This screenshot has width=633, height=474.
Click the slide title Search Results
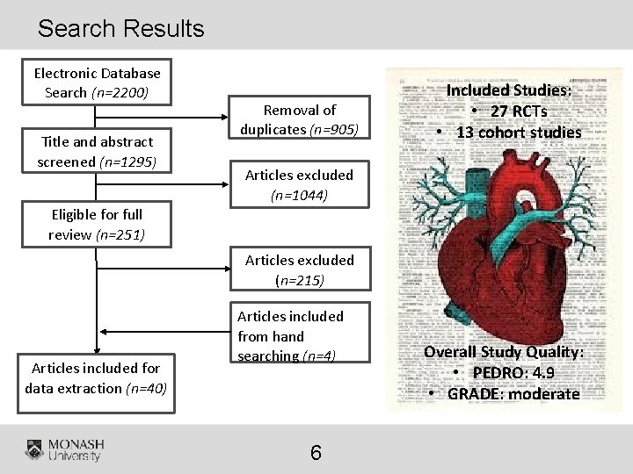pos(120,28)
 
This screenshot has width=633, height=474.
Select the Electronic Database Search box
pos(97,83)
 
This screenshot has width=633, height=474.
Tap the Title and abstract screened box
pos(97,151)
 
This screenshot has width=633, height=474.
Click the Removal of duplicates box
pos(299,119)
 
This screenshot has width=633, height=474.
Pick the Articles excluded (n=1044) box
pos(299,184)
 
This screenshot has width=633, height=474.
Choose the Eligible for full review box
pos(97,224)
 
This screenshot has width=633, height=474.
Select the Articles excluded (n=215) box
pos(299,269)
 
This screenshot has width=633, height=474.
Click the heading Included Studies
pos(509,90)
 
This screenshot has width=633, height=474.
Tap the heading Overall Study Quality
pos(504,351)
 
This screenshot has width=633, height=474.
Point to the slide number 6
pos(316,453)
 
